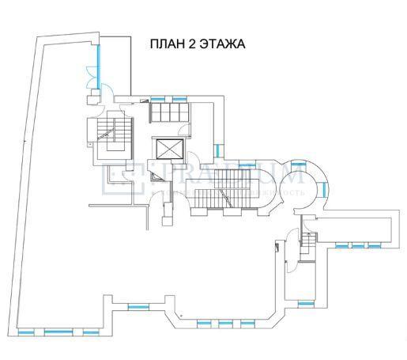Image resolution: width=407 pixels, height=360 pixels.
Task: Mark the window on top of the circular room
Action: (299, 162)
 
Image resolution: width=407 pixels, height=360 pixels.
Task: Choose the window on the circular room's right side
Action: (322, 186)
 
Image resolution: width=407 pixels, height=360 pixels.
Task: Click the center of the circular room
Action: (302, 187)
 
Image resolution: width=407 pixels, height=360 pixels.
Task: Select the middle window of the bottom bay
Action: (225, 324)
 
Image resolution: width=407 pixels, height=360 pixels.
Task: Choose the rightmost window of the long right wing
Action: (367, 246)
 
